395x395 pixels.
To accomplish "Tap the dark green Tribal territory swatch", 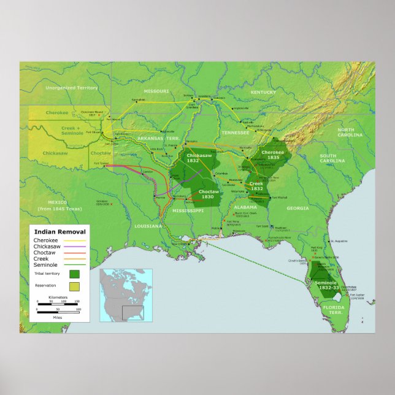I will coord(74,274).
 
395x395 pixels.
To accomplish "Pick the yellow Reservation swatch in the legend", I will coord(74,286).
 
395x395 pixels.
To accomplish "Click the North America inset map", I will coord(126,295).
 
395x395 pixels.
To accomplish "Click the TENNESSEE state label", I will coord(236,132).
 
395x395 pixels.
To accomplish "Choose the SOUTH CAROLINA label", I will coord(337,158).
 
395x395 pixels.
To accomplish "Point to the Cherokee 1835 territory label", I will coord(273,155).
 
